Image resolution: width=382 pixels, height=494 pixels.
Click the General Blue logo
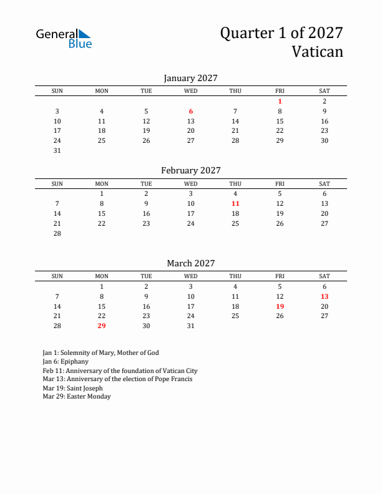point(64,38)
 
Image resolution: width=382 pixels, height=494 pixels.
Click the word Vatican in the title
point(317,51)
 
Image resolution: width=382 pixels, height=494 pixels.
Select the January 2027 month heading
point(190,78)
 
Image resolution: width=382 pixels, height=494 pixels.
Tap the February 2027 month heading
point(190,170)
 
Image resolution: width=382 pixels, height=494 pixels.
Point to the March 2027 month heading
point(190,263)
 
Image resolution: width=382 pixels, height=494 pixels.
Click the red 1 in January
point(280,101)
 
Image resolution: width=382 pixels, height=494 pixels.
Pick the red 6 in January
point(191,111)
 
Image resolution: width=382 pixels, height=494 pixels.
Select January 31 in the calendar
point(57,150)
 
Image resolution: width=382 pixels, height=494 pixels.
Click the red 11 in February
point(235,203)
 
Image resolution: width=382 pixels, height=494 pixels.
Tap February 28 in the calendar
point(57,233)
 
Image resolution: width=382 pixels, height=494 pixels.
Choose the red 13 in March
point(325,296)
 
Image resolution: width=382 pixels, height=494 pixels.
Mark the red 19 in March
point(280,306)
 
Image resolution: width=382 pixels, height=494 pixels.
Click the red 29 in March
point(102,326)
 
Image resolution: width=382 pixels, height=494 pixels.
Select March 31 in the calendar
point(191,326)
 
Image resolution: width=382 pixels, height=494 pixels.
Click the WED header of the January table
point(191,91)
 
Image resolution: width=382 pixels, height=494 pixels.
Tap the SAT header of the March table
point(325,276)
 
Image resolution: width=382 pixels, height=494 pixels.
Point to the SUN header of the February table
point(57,184)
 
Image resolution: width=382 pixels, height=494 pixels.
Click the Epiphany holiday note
point(66,361)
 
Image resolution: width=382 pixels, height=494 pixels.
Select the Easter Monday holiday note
point(77,396)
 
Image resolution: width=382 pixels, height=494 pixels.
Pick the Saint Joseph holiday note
point(73,387)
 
